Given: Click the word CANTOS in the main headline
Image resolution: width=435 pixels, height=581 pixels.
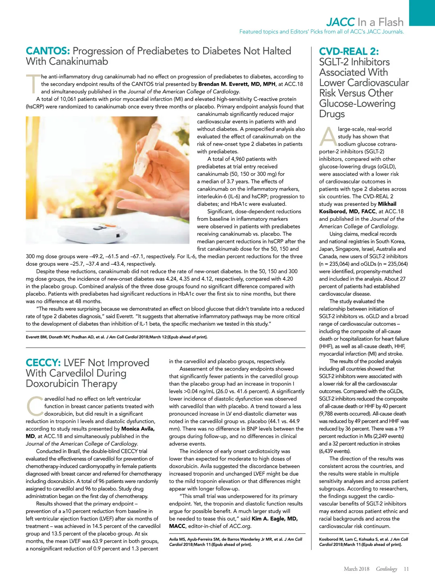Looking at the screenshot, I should point(48,51).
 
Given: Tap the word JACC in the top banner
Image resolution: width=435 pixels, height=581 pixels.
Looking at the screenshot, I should point(340,22).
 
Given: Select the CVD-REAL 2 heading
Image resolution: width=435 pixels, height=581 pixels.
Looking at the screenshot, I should point(349,52).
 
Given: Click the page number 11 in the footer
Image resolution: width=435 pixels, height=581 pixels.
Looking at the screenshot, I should point(406,569).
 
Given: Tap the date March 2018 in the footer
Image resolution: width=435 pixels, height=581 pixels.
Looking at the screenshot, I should point(356,569).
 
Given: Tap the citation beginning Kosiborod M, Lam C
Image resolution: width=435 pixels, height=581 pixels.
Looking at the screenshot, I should point(363,542).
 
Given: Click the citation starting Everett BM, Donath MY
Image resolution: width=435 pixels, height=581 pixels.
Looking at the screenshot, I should point(116,337).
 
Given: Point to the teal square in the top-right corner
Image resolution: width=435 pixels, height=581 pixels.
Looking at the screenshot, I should point(422,13).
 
